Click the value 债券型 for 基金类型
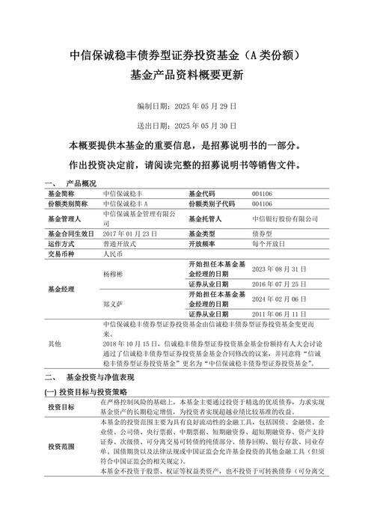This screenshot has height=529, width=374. click(x=264, y=234)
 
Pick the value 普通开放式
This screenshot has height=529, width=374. click(x=120, y=244)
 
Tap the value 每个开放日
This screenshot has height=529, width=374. click(x=269, y=244)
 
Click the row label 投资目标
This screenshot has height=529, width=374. click(x=61, y=407)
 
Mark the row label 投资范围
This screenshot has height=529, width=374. click(x=61, y=447)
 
